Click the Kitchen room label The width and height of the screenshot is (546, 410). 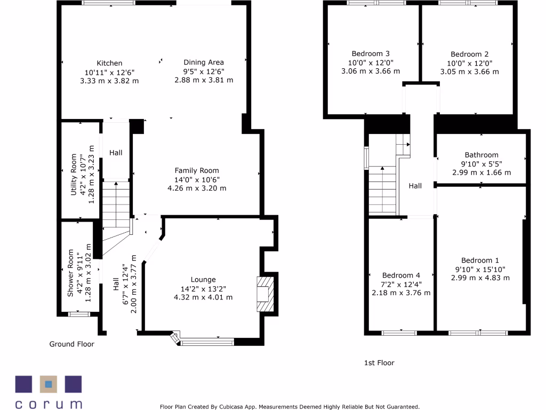pyautogui.click(x=109, y=63)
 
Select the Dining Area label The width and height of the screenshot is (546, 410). pyautogui.click(x=204, y=62)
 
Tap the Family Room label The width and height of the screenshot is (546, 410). pyautogui.click(x=197, y=170)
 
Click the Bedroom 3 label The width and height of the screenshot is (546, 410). pyautogui.click(x=371, y=53)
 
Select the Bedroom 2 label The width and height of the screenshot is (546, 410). pyautogui.click(x=469, y=54)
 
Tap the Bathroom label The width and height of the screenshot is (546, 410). pyautogui.click(x=481, y=155)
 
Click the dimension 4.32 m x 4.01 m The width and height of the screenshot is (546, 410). pyautogui.click(x=203, y=297)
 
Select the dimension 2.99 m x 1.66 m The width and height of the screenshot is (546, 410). pyautogui.click(x=481, y=172)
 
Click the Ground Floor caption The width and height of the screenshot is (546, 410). pyautogui.click(x=71, y=344)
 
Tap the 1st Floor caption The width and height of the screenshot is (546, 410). pyautogui.click(x=379, y=363)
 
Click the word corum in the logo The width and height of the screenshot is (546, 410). pyautogui.click(x=49, y=403)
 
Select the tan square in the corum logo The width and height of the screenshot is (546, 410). pyautogui.click(x=49, y=384)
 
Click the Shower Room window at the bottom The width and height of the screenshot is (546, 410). pyautogui.click(x=79, y=314)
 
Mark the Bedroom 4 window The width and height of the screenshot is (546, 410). pyautogui.click(x=399, y=333)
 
